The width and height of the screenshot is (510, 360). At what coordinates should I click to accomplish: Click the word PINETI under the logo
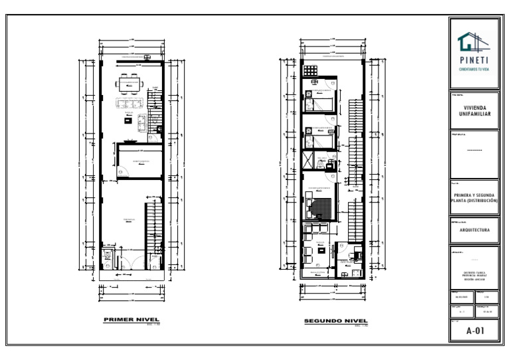pos(474,60)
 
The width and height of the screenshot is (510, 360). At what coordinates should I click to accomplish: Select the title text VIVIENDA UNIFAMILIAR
pos(474,110)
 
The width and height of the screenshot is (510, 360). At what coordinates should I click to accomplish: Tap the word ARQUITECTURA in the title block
pos(474,230)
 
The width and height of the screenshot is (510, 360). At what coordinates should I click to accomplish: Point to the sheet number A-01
pos(474,330)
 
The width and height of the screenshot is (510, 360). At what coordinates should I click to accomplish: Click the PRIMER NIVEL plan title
pos(131,319)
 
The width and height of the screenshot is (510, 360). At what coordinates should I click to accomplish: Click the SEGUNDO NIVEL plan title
pos(331,321)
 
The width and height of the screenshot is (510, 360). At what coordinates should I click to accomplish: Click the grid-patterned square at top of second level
pos(309,70)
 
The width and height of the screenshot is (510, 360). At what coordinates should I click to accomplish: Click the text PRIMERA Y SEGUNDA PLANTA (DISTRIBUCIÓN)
pos(474,197)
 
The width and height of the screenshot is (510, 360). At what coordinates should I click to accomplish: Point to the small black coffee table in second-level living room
pos(321,250)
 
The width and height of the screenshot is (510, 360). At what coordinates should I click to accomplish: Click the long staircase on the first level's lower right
pos(154,226)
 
